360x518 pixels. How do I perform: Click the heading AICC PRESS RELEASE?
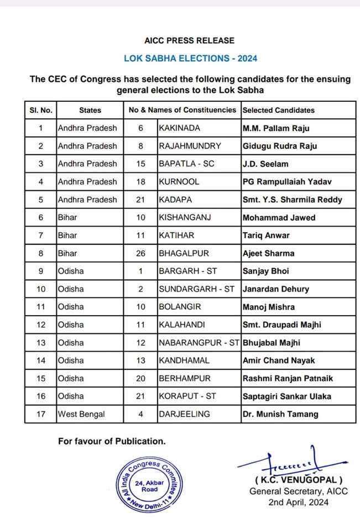[189, 40]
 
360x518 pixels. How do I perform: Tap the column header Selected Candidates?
[278, 110]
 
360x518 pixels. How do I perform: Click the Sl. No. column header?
[40, 110]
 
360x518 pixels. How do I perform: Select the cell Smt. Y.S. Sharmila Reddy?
[292, 200]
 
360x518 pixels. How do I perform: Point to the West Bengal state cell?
[81, 414]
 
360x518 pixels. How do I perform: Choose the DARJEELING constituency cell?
[183, 414]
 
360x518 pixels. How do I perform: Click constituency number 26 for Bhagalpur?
[140, 253]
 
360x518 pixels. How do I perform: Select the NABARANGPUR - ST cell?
[199, 343]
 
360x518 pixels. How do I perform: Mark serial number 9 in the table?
[40, 271]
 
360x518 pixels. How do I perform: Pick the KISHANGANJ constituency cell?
[184, 218]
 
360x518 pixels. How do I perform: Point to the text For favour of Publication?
[112, 441]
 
